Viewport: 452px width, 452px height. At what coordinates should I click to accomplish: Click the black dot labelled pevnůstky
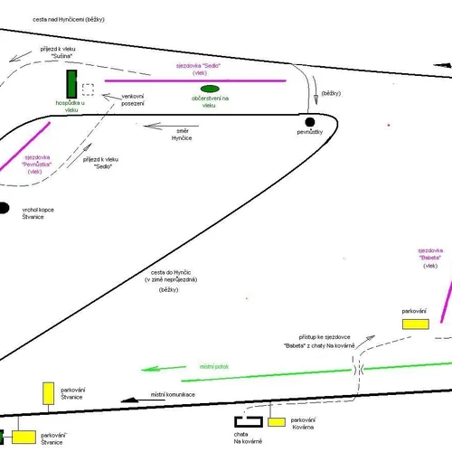[310, 122]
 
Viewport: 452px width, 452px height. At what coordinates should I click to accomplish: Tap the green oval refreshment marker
[210, 89]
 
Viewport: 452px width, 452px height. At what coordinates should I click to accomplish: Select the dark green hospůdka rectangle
[71, 84]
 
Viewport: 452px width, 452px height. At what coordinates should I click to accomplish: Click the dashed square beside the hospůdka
[88, 89]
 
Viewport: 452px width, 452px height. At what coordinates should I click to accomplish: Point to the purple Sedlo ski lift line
[195, 80]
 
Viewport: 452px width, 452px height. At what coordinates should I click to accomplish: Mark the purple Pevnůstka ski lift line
[25, 146]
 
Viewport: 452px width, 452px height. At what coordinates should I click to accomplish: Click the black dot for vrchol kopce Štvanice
[4, 208]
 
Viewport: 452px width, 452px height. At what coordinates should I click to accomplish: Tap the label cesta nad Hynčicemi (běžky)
[69, 20]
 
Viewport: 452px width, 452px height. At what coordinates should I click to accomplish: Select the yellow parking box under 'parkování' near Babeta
[416, 325]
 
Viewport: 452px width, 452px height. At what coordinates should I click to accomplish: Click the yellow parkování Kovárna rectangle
[277, 422]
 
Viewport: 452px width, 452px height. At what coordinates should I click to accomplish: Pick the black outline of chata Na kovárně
[249, 421]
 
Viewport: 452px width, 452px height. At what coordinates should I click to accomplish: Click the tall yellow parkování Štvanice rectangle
[48, 393]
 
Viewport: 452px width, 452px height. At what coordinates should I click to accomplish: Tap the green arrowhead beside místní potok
[150, 369]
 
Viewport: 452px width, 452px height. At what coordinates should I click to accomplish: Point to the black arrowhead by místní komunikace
[130, 400]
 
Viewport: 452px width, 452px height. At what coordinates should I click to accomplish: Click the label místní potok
[214, 367]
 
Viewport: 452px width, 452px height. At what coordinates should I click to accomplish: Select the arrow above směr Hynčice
[171, 126]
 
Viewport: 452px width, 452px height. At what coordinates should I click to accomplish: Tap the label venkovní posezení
[133, 100]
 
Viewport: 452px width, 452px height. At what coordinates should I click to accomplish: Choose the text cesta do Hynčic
[171, 272]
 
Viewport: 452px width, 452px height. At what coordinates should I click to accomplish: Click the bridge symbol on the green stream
[359, 370]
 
